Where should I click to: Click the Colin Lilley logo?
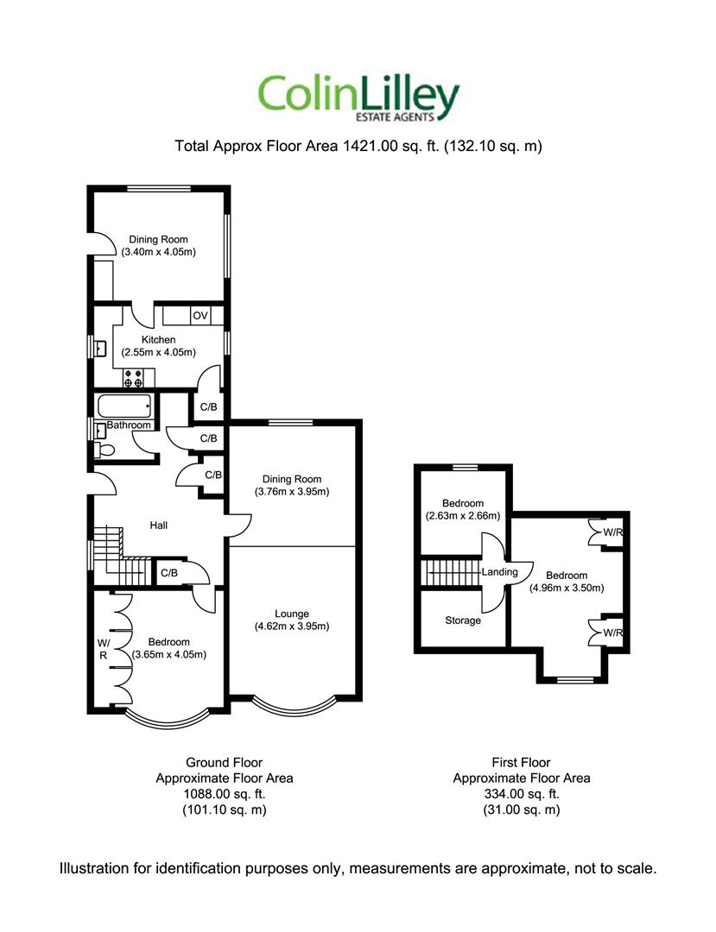click(x=358, y=98)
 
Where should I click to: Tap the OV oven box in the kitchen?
click(x=200, y=315)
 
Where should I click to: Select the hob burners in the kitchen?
click(x=133, y=378)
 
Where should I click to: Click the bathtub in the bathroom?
click(x=124, y=406)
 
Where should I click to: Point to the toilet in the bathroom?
click(x=103, y=450)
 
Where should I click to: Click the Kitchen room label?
click(x=158, y=339)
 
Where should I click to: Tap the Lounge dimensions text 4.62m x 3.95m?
click(x=292, y=626)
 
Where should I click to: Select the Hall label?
click(x=159, y=526)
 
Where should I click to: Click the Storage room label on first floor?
click(x=463, y=620)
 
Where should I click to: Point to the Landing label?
click(x=499, y=572)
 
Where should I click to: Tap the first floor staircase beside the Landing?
click(x=452, y=572)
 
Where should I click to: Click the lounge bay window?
click(x=293, y=705)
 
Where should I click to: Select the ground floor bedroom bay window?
click(x=167, y=719)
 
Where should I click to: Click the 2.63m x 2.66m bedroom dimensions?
click(x=463, y=516)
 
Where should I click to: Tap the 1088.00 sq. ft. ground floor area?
click(x=225, y=794)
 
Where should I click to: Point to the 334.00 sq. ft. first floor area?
click(x=522, y=794)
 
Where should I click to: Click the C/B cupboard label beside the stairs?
click(x=169, y=573)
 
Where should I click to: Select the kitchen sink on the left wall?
click(x=99, y=348)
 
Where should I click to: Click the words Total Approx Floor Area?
click(x=257, y=146)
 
